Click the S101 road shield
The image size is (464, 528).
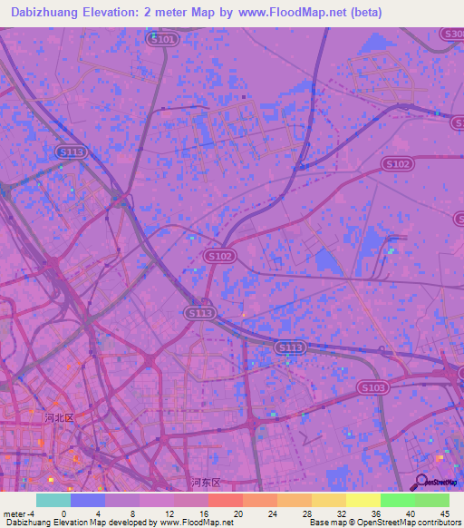point(164,39)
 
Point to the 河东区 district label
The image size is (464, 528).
point(206,482)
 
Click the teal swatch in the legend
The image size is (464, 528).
point(53,500)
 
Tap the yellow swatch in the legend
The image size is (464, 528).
point(362,500)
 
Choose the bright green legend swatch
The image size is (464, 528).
point(397,500)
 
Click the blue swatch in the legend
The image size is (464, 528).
point(87,500)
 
